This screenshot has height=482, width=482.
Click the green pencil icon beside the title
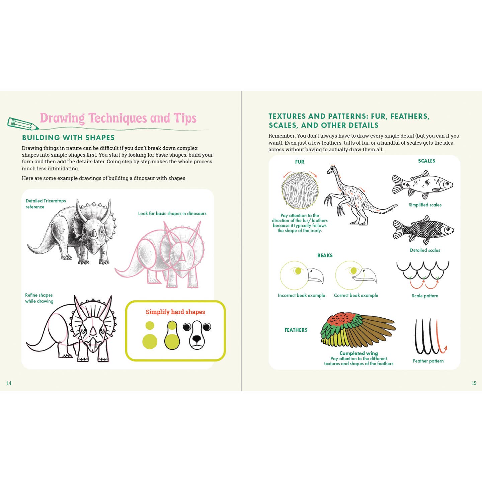tap(23, 124)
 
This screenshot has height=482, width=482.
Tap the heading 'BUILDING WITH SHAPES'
tap(68, 138)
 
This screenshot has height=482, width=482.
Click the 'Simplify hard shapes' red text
tap(175, 312)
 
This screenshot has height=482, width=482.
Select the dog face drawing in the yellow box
tap(197, 335)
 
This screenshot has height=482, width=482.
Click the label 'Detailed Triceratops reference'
tap(46, 204)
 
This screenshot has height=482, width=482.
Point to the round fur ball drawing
tap(300, 190)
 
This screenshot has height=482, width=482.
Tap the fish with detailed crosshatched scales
tap(423, 230)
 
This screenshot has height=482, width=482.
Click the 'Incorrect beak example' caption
tap(301, 296)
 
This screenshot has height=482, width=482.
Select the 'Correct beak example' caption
tap(356, 296)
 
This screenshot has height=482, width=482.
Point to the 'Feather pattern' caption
tap(428, 361)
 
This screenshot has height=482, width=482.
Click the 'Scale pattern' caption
tap(425, 296)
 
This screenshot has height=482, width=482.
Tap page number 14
tap(9, 383)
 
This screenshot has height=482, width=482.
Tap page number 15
tap(474, 383)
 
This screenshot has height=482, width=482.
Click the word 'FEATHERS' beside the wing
tap(296, 330)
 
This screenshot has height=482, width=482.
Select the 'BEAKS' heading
tap(325, 255)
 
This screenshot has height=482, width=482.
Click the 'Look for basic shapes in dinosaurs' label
tap(172, 214)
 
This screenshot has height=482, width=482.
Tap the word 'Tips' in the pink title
tap(185, 118)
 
